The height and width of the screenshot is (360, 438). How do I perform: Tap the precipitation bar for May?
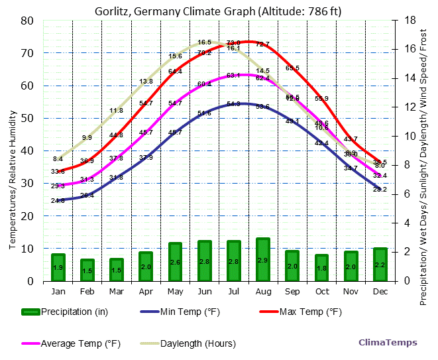[175, 262]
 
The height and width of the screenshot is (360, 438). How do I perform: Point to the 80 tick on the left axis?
[28, 21]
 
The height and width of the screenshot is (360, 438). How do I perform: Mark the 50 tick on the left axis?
[28, 118]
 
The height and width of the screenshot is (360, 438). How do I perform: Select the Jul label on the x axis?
[233, 292]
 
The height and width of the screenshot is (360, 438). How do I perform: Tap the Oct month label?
[321, 292]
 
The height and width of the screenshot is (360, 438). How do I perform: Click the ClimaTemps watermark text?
[388, 343]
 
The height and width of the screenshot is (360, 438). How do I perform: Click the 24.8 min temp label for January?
[58, 200]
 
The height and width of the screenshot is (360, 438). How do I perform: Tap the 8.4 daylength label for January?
[58, 159]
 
